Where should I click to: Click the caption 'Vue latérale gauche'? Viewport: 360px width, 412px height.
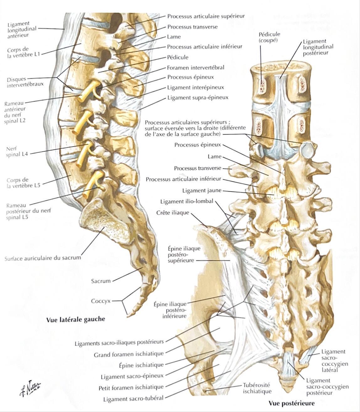click(76, 319)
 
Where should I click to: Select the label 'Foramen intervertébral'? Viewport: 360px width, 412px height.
click(196, 67)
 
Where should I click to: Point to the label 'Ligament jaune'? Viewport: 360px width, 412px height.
click(202, 190)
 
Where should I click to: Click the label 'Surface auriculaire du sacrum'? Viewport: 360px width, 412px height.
click(43, 258)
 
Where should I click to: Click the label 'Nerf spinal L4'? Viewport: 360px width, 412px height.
click(17, 151)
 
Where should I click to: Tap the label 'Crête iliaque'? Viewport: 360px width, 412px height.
click(173, 213)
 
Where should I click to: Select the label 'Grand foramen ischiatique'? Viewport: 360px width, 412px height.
click(129, 360)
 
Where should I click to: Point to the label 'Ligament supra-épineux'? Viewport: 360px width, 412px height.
click(198, 98)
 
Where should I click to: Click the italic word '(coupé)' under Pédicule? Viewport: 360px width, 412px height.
click(268, 40)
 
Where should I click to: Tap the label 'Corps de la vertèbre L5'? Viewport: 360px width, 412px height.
click(23, 183)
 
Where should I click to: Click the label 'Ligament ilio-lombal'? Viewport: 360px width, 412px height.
click(187, 201)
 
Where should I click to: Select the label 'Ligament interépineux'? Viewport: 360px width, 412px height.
click(196, 87)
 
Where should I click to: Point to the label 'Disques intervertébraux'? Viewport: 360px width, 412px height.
click(25, 82)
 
